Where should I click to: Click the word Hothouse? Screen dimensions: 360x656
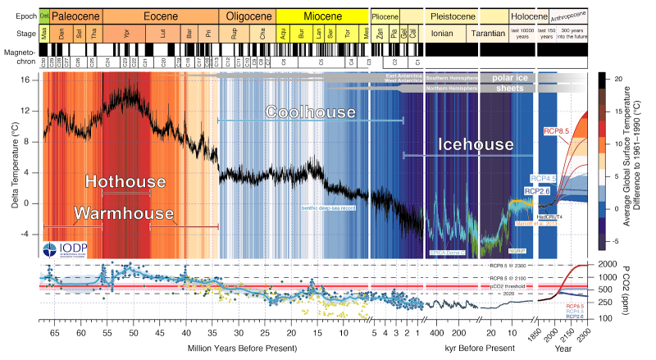point(125,182)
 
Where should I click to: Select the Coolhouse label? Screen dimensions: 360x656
point(311,112)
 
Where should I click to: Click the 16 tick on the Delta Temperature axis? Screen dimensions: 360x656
point(25,80)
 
